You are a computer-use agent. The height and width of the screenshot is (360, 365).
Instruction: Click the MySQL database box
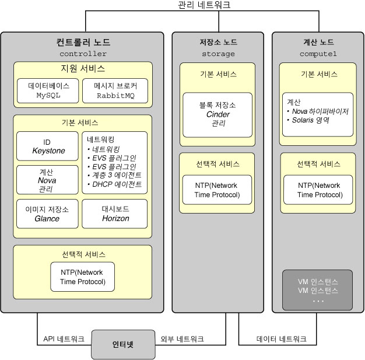pos(48,90)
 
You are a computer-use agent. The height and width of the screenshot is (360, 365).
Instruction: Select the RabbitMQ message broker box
pos(115,90)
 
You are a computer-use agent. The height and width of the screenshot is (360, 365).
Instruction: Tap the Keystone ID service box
pos(47,146)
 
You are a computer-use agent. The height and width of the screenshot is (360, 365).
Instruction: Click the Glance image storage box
pos(47,214)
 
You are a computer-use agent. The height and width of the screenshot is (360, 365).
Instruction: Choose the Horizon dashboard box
pos(115,214)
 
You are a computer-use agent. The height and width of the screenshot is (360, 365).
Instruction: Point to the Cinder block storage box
pos(217,115)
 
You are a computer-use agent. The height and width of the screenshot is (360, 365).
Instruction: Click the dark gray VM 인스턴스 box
pos(318,290)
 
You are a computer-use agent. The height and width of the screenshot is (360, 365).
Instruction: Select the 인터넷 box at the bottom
pos(123,344)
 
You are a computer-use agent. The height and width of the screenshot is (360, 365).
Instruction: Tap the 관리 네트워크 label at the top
pos(204,5)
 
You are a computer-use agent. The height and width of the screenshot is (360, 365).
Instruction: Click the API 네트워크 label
pos(64,339)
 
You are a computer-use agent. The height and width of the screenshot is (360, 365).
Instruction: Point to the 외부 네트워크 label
pos(182,339)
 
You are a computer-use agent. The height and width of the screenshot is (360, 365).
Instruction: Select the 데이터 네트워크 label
pos(282,339)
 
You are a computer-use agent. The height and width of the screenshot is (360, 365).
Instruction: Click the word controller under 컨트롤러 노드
pos(83,54)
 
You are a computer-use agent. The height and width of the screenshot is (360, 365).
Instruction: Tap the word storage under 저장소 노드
pos(218,54)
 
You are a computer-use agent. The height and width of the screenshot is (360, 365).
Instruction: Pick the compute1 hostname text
pos(318,54)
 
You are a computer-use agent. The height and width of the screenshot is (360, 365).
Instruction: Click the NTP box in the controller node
pos(82,277)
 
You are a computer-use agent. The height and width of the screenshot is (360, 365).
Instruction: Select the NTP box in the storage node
pos(217,190)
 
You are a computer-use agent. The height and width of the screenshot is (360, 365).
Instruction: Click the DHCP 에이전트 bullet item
pos(114,184)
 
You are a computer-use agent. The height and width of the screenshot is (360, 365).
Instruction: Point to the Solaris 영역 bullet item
pos(308,120)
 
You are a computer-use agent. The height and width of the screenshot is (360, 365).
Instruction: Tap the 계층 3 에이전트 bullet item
pos(114,175)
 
